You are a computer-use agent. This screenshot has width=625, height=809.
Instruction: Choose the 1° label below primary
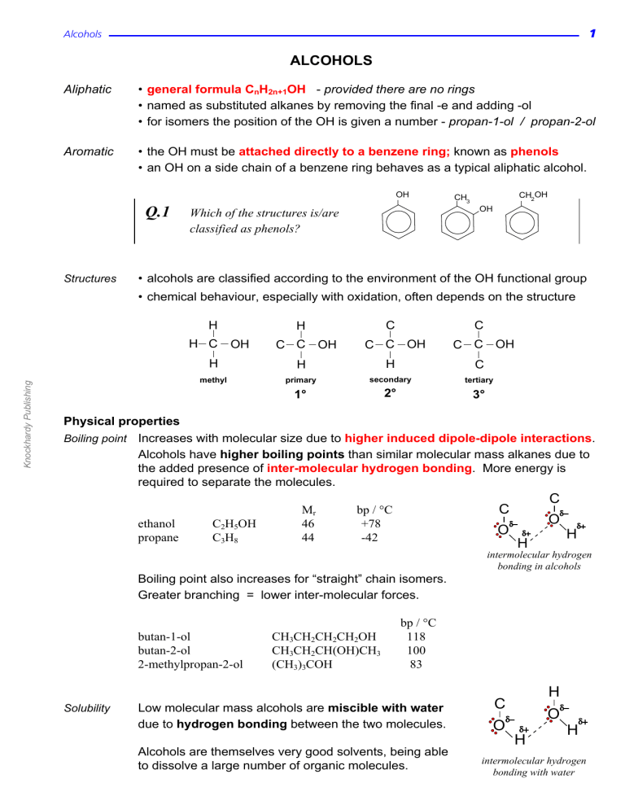point(300,396)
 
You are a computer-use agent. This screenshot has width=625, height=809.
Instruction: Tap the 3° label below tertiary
point(479,396)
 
